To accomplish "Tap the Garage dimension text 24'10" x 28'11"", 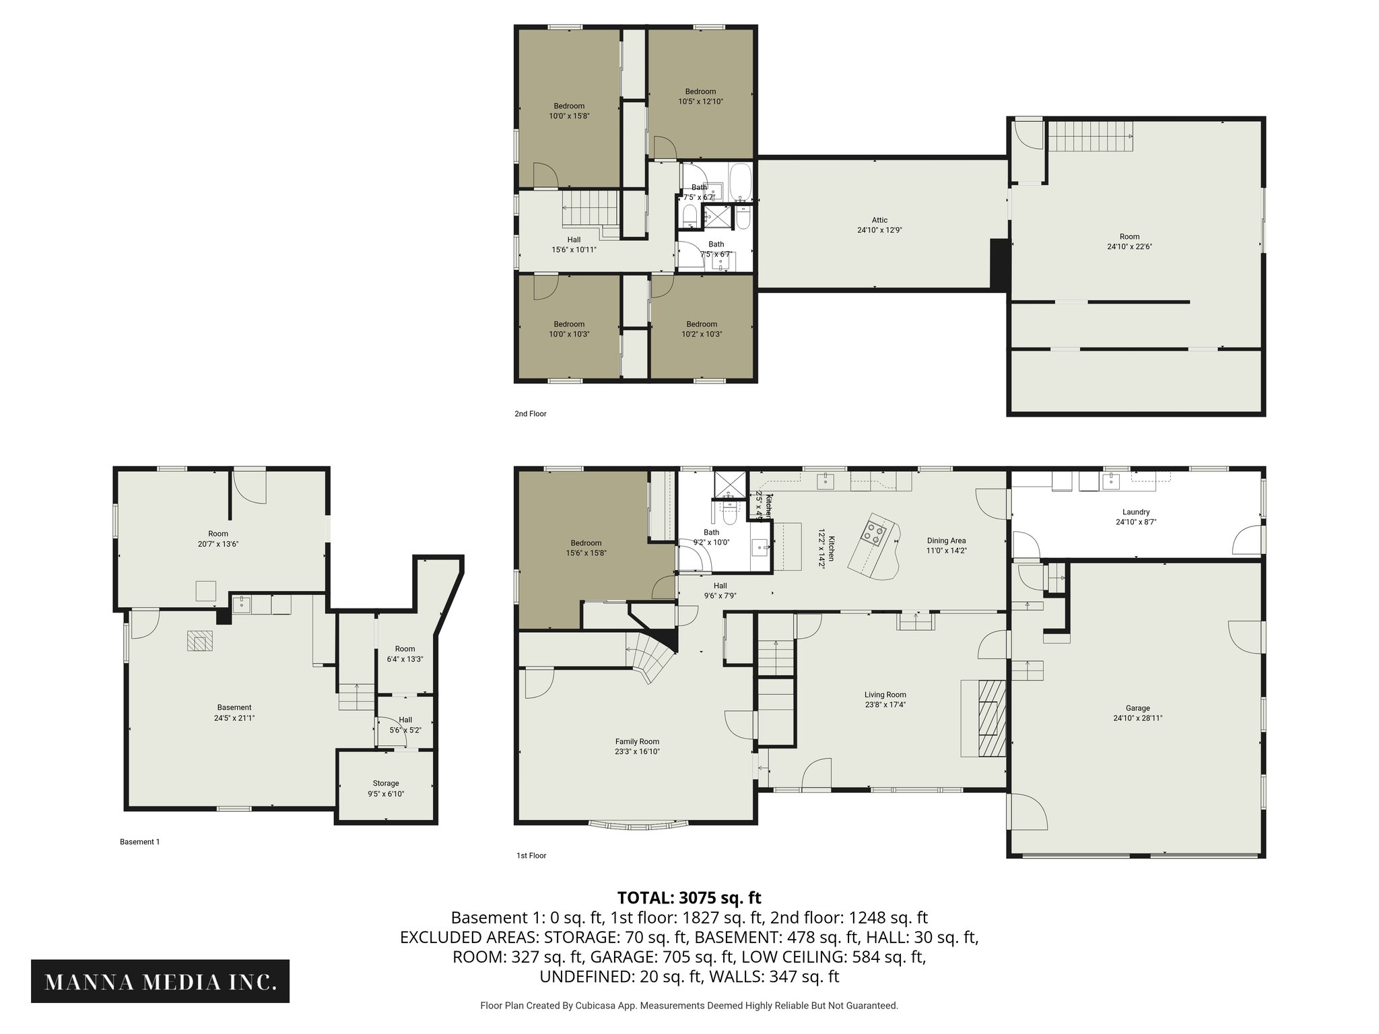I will click(x=1137, y=718).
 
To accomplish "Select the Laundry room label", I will click(x=1136, y=512).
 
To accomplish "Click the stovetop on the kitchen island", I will click(x=875, y=532).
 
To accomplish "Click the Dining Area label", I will click(x=946, y=541).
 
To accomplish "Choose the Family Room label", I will click(x=636, y=741).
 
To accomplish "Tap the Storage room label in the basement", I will click(x=386, y=783).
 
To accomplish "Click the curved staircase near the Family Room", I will click(x=649, y=656).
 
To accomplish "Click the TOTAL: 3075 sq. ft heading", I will click(x=689, y=897).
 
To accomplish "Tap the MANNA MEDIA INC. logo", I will click(x=160, y=981).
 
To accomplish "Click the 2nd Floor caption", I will click(x=530, y=414).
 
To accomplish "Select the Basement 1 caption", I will click(x=139, y=841).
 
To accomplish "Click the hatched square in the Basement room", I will click(x=199, y=641).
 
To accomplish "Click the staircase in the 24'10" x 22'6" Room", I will click(x=1090, y=137).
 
